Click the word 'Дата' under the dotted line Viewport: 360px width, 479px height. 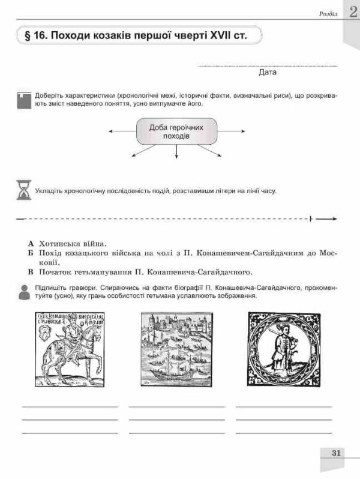pyautogui.click(x=268, y=73)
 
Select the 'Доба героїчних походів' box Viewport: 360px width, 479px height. pyautogui.click(x=176, y=132)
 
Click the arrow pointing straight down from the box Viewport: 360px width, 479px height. pyautogui.click(x=176, y=153)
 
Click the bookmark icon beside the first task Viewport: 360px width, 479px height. pyautogui.click(x=23, y=99)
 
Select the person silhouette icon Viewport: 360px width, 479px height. pyautogui.click(x=23, y=292)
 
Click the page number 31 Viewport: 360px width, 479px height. pyautogui.click(x=336, y=453)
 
